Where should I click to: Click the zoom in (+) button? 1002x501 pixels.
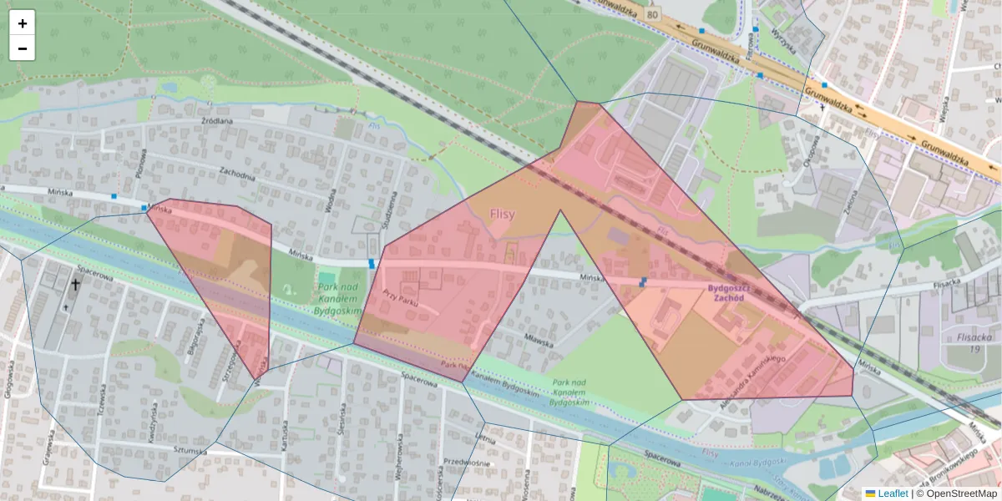23,23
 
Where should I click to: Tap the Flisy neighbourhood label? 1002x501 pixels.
502,215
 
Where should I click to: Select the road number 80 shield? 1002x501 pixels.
652,13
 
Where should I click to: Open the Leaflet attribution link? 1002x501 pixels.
893,493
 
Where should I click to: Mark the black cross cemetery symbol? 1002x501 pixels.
75,285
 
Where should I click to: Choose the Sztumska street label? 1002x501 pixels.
190,451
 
